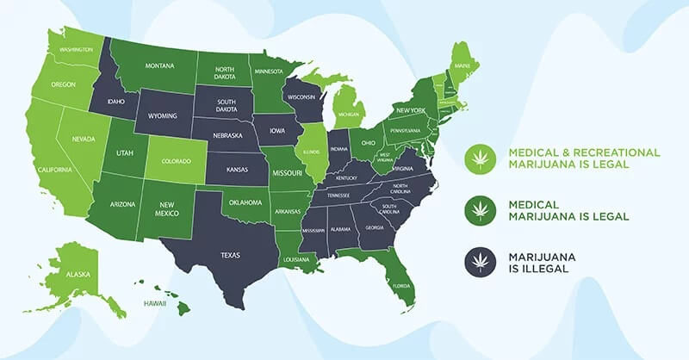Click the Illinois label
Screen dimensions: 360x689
point(313,152)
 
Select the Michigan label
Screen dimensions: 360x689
point(348,114)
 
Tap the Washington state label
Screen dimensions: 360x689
point(76,50)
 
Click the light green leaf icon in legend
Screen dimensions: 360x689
point(477,158)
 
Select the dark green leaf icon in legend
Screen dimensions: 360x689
point(477,209)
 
